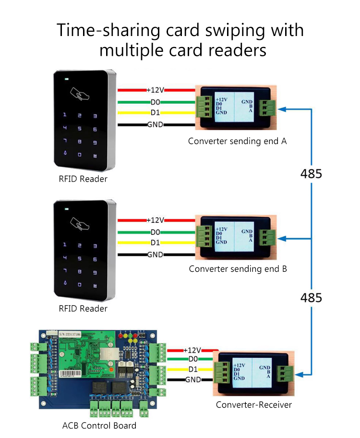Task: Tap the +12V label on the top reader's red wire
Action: click(155, 90)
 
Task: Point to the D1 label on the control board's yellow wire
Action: click(193, 369)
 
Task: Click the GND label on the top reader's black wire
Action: click(155, 125)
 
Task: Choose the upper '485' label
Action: click(311, 174)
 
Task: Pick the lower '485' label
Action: click(311, 298)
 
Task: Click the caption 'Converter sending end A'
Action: click(238, 141)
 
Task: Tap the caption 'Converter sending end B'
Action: click(238, 268)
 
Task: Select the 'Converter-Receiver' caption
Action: click(253, 404)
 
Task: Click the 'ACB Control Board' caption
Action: click(99, 425)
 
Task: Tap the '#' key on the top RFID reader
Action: click(95, 156)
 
